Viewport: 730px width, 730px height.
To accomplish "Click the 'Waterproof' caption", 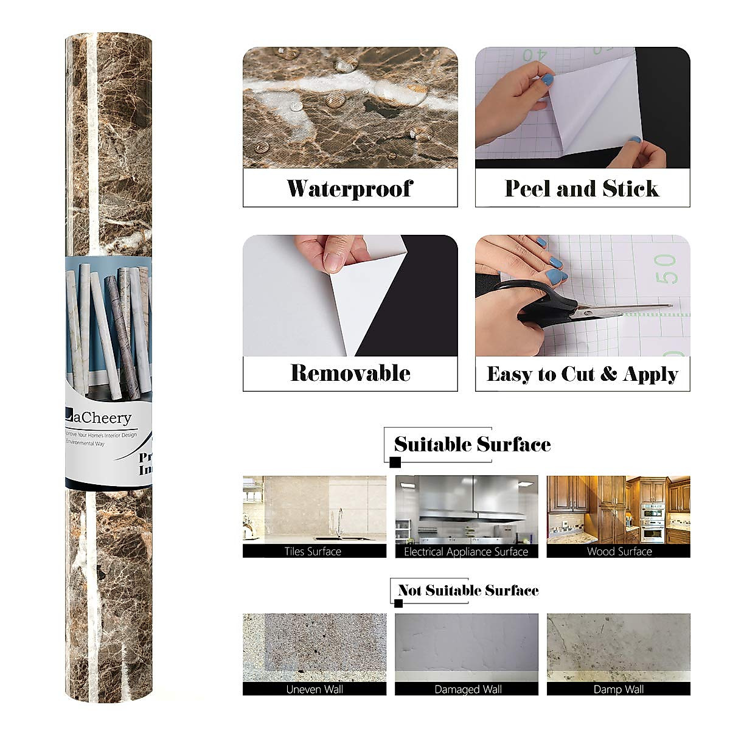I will tap(350, 189).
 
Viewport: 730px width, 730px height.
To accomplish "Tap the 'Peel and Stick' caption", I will tap(582, 189).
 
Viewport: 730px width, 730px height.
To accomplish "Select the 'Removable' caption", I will tap(350, 373).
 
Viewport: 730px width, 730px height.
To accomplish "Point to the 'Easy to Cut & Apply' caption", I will tap(582, 374).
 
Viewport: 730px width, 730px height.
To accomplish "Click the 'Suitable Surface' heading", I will tap(472, 444).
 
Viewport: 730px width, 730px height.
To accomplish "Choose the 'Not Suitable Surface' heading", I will tap(468, 590).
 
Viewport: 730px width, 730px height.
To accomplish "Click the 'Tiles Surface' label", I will tap(313, 552).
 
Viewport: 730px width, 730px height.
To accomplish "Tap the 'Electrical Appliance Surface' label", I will tap(466, 552).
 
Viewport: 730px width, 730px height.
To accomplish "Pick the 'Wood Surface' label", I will tap(619, 552).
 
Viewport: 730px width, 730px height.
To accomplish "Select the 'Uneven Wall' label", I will tap(314, 689).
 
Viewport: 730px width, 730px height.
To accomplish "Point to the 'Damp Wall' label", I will tap(619, 689).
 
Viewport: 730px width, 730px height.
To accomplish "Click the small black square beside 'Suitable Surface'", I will tap(395, 463).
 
